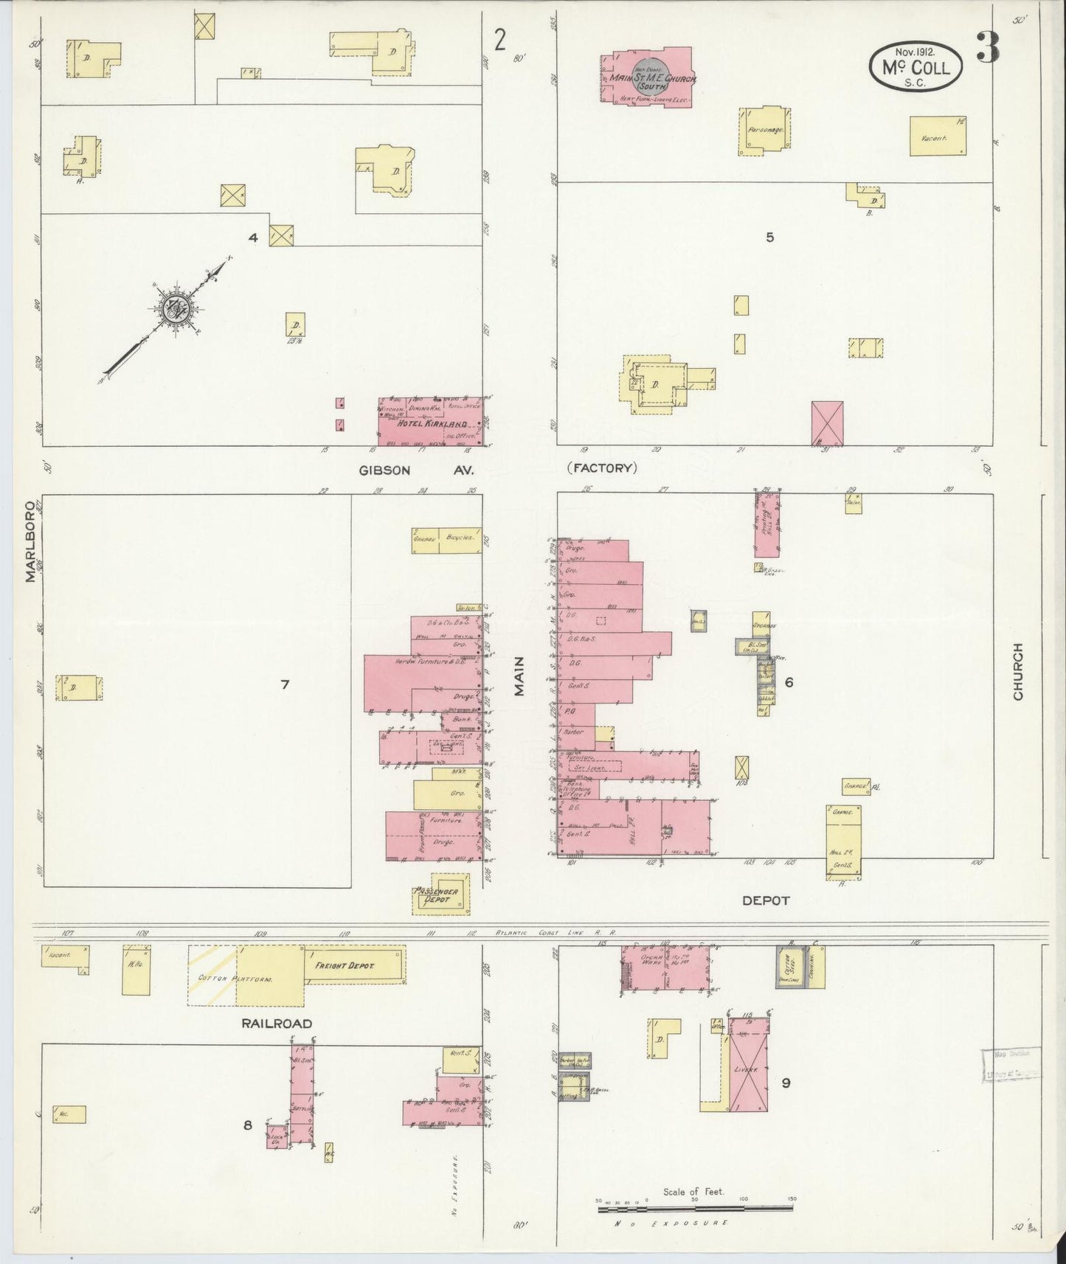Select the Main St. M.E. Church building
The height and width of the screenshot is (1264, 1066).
648,78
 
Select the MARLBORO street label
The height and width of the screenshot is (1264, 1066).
30,542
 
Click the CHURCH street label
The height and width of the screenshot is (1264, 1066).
1018,671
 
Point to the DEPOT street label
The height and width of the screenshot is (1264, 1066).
765,900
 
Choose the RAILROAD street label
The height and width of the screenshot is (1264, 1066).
275,1023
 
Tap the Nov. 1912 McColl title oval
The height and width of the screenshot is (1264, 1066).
916,66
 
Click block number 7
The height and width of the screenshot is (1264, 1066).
285,684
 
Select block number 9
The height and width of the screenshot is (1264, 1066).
786,1083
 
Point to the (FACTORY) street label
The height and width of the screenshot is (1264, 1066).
601,468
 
